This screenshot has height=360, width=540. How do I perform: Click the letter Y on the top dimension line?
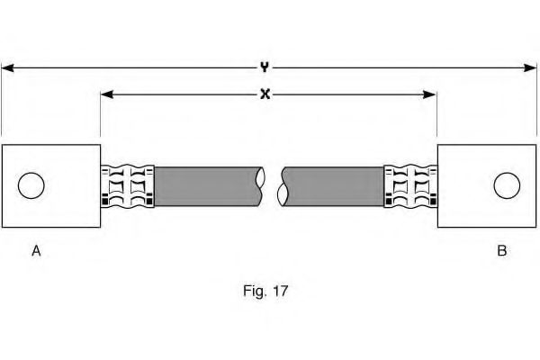(x=264, y=66)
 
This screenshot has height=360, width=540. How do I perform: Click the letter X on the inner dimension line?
(x=265, y=94)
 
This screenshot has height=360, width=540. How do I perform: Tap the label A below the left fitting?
(x=36, y=251)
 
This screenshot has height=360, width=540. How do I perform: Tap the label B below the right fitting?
(x=501, y=251)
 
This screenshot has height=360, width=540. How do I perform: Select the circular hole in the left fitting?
(x=31, y=186)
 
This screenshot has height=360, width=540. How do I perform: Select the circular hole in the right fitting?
(x=507, y=186)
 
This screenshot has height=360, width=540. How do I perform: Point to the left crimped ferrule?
(x=127, y=186)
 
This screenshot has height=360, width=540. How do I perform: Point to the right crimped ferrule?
(x=410, y=186)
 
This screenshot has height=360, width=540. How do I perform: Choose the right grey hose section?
(x=333, y=186)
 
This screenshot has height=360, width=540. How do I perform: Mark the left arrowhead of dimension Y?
(x=7, y=67)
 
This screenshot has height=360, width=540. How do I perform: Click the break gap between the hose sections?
(x=273, y=186)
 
